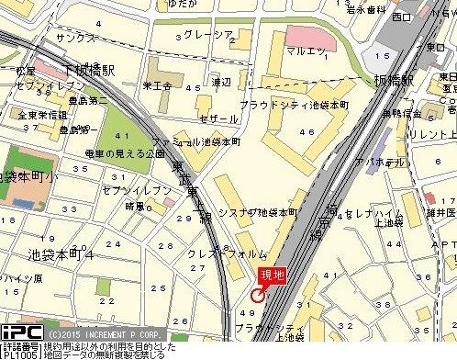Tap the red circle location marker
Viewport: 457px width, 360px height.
click(257, 295)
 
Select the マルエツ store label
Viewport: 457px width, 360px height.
click(307, 51)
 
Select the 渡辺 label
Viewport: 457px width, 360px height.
click(220, 82)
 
